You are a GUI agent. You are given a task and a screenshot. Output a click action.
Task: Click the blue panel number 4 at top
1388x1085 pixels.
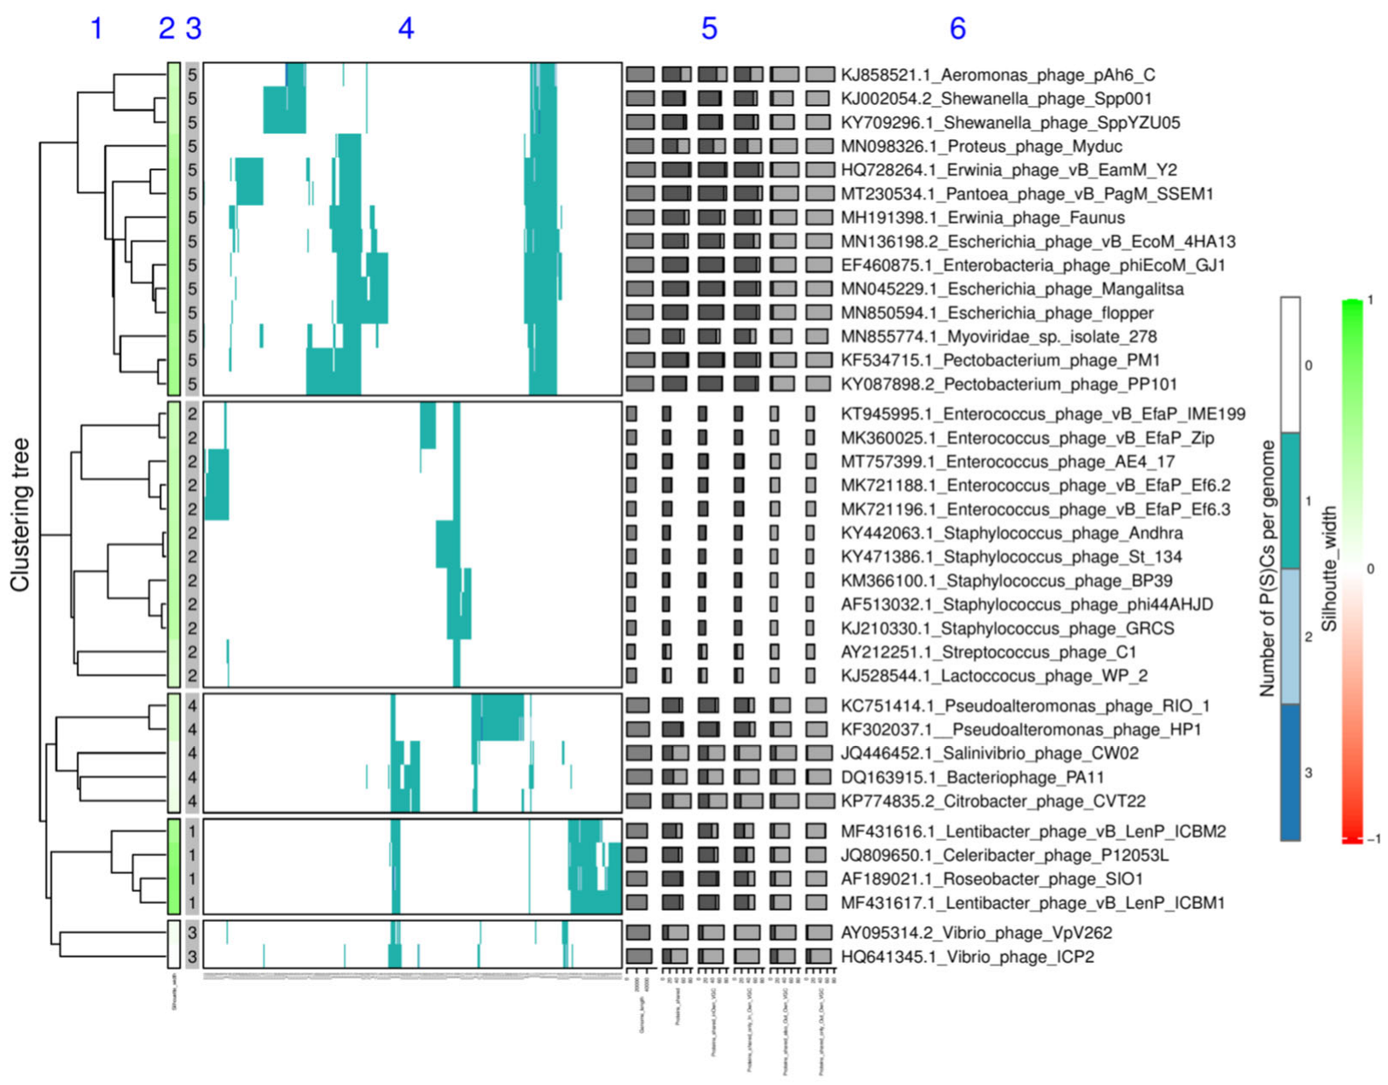[406, 29]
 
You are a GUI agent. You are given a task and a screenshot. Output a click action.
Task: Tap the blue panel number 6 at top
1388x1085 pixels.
[957, 29]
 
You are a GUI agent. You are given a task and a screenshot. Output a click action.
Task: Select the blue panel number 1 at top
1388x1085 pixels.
[96, 29]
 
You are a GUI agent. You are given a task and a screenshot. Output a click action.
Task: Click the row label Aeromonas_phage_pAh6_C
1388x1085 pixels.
[998, 75]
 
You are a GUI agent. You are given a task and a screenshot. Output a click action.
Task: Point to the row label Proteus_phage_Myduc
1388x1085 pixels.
[981, 147]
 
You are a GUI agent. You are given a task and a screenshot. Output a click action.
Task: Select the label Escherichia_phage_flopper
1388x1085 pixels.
[997, 313]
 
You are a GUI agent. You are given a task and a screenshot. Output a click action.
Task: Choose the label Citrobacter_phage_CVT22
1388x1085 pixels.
[993, 802]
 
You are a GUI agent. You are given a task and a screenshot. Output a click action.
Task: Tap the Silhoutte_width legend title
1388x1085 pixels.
[1328, 569]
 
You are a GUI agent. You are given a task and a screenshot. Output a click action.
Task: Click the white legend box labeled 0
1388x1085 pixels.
[1290, 365]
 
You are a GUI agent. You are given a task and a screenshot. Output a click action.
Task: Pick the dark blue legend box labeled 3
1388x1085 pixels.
[1290, 773]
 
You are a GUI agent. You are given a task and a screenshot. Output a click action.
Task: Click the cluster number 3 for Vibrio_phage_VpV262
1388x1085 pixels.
[193, 933]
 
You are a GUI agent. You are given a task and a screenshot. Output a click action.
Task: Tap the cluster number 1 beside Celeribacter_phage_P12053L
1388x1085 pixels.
[193, 855]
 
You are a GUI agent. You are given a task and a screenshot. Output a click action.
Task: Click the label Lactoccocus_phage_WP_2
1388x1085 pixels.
[994, 676]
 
